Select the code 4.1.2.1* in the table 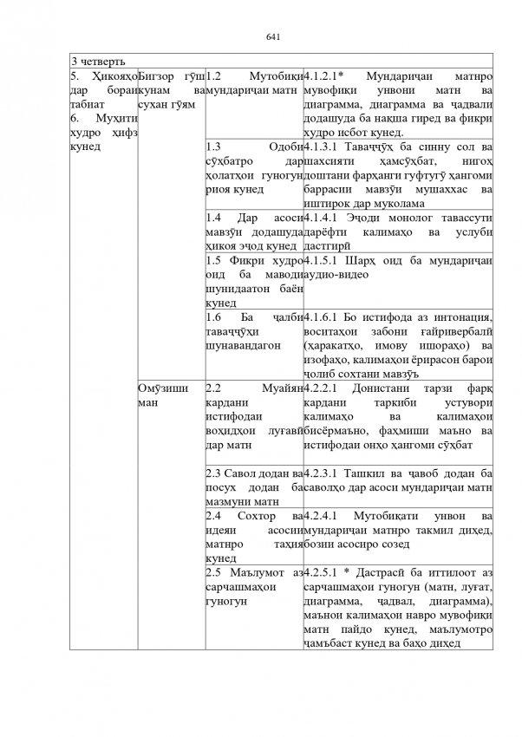(x=326, y=76)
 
